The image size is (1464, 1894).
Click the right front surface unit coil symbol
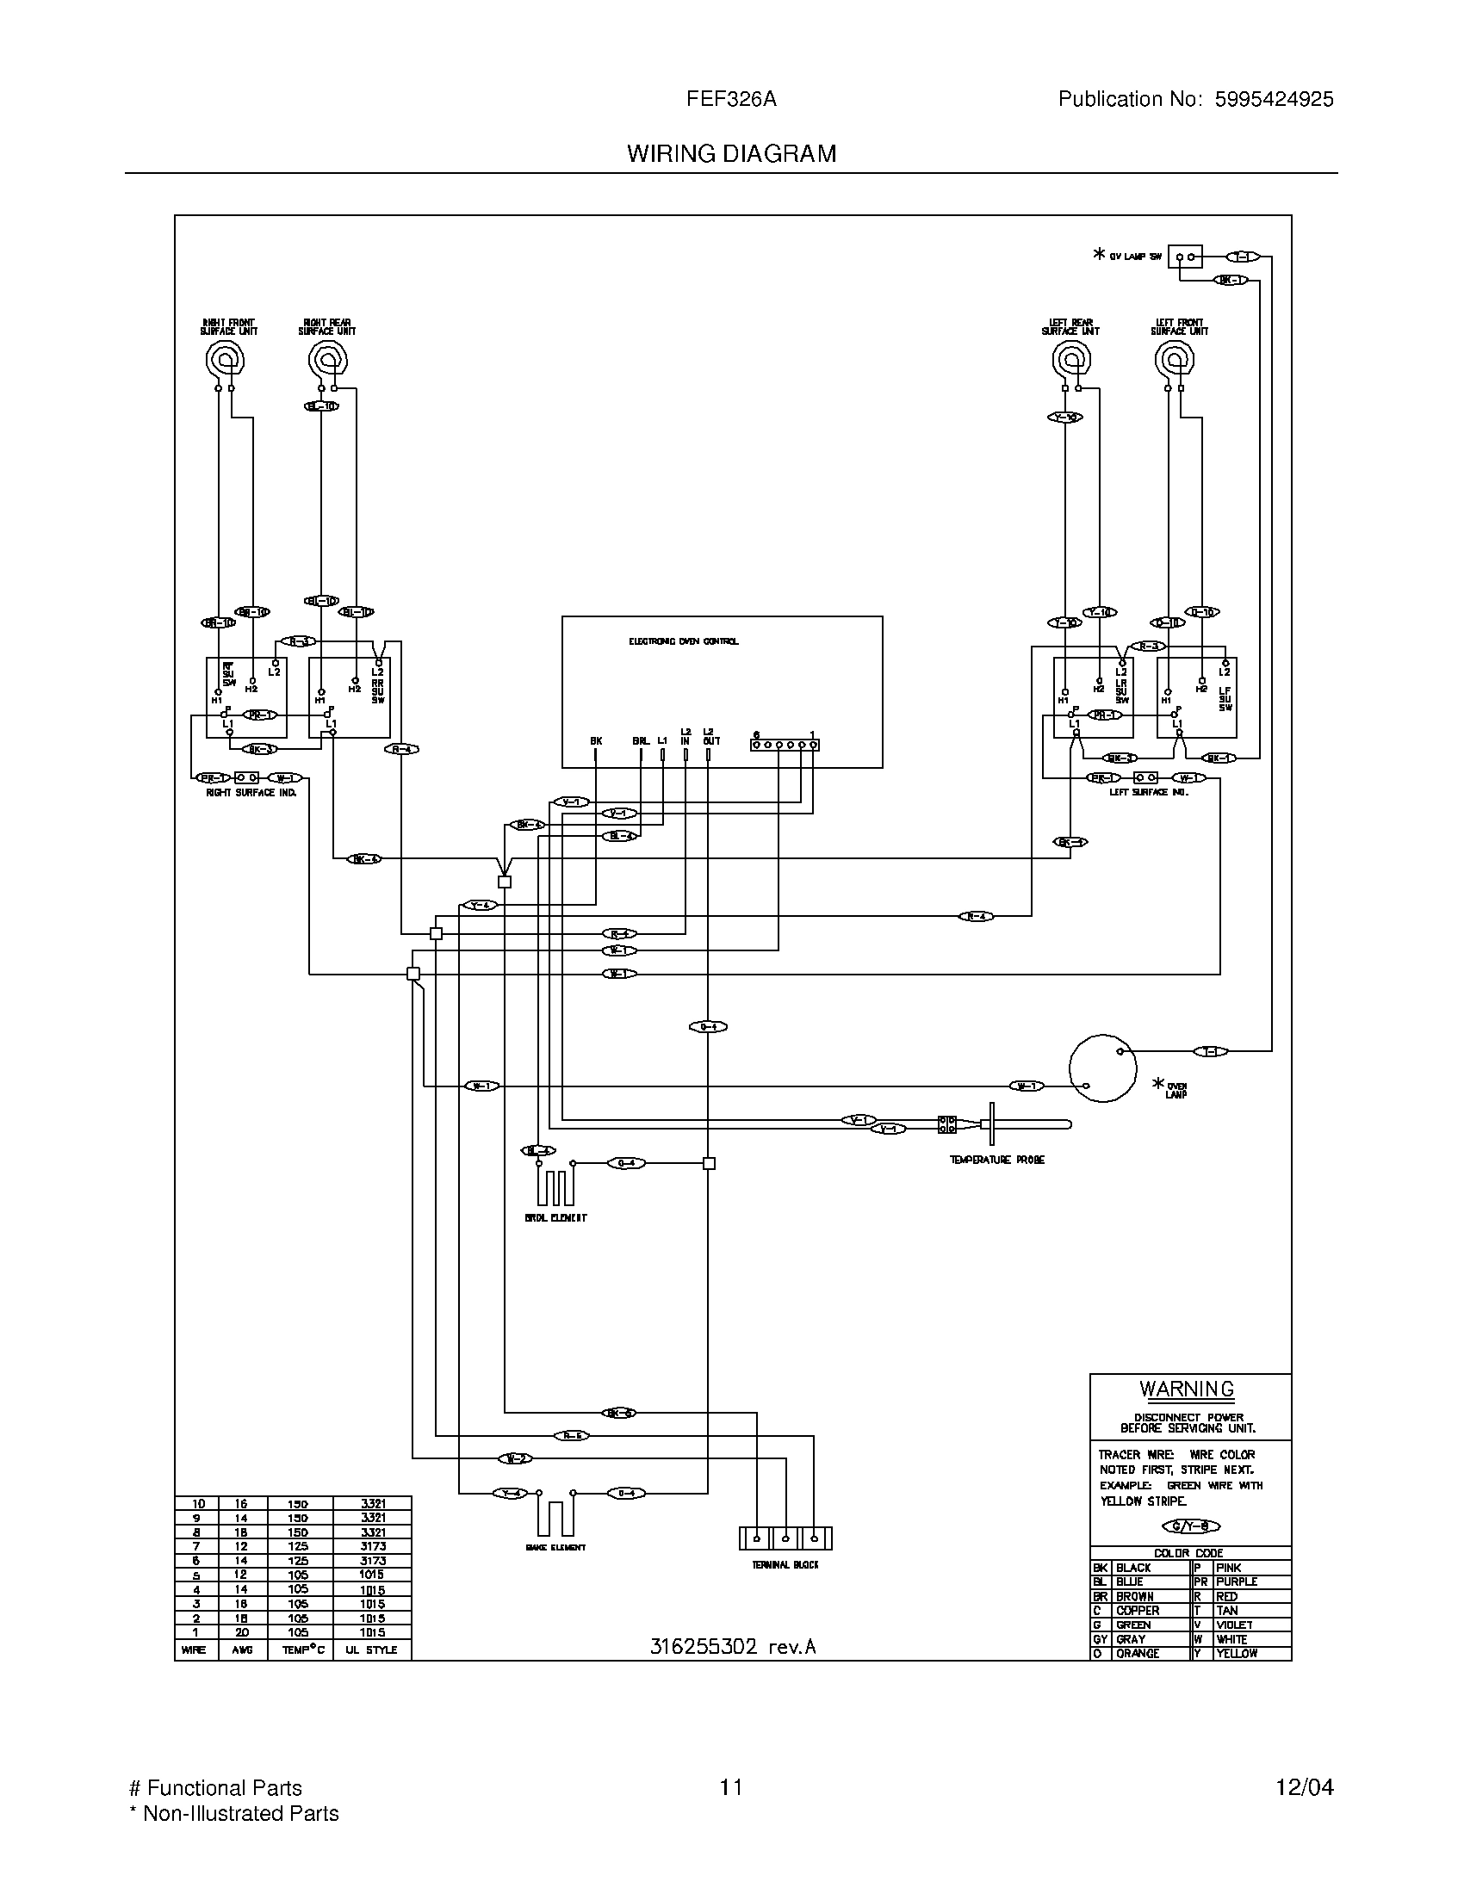225,359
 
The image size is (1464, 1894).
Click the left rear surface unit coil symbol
1071,359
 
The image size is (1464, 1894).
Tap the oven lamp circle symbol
1102,1068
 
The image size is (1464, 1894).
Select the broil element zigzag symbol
555,1186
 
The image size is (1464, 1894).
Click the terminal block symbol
785,1538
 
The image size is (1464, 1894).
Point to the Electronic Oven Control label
684,641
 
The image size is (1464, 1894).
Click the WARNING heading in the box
1187,1390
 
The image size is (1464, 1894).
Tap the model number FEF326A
731,100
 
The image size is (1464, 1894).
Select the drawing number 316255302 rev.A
733,1647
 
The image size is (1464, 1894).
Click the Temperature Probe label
996,1160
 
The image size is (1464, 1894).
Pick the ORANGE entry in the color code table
1137,1654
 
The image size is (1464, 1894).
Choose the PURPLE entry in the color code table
1237,1581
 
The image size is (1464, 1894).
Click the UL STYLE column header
371,1650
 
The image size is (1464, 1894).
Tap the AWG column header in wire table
242,1650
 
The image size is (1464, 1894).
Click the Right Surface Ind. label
251,793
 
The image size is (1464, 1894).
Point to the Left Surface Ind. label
1148,793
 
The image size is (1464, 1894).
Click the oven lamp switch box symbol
1185,257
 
